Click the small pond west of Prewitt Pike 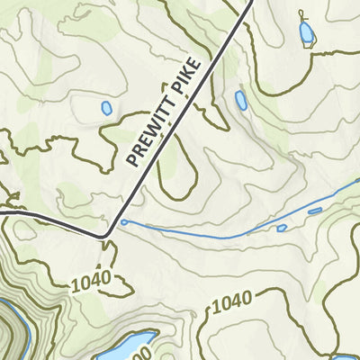106,108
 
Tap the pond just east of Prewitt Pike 240,100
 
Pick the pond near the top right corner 307,34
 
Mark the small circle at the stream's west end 123,222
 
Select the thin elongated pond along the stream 314,211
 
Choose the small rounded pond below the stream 282,229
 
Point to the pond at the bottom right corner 346,357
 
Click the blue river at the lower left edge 27,333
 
